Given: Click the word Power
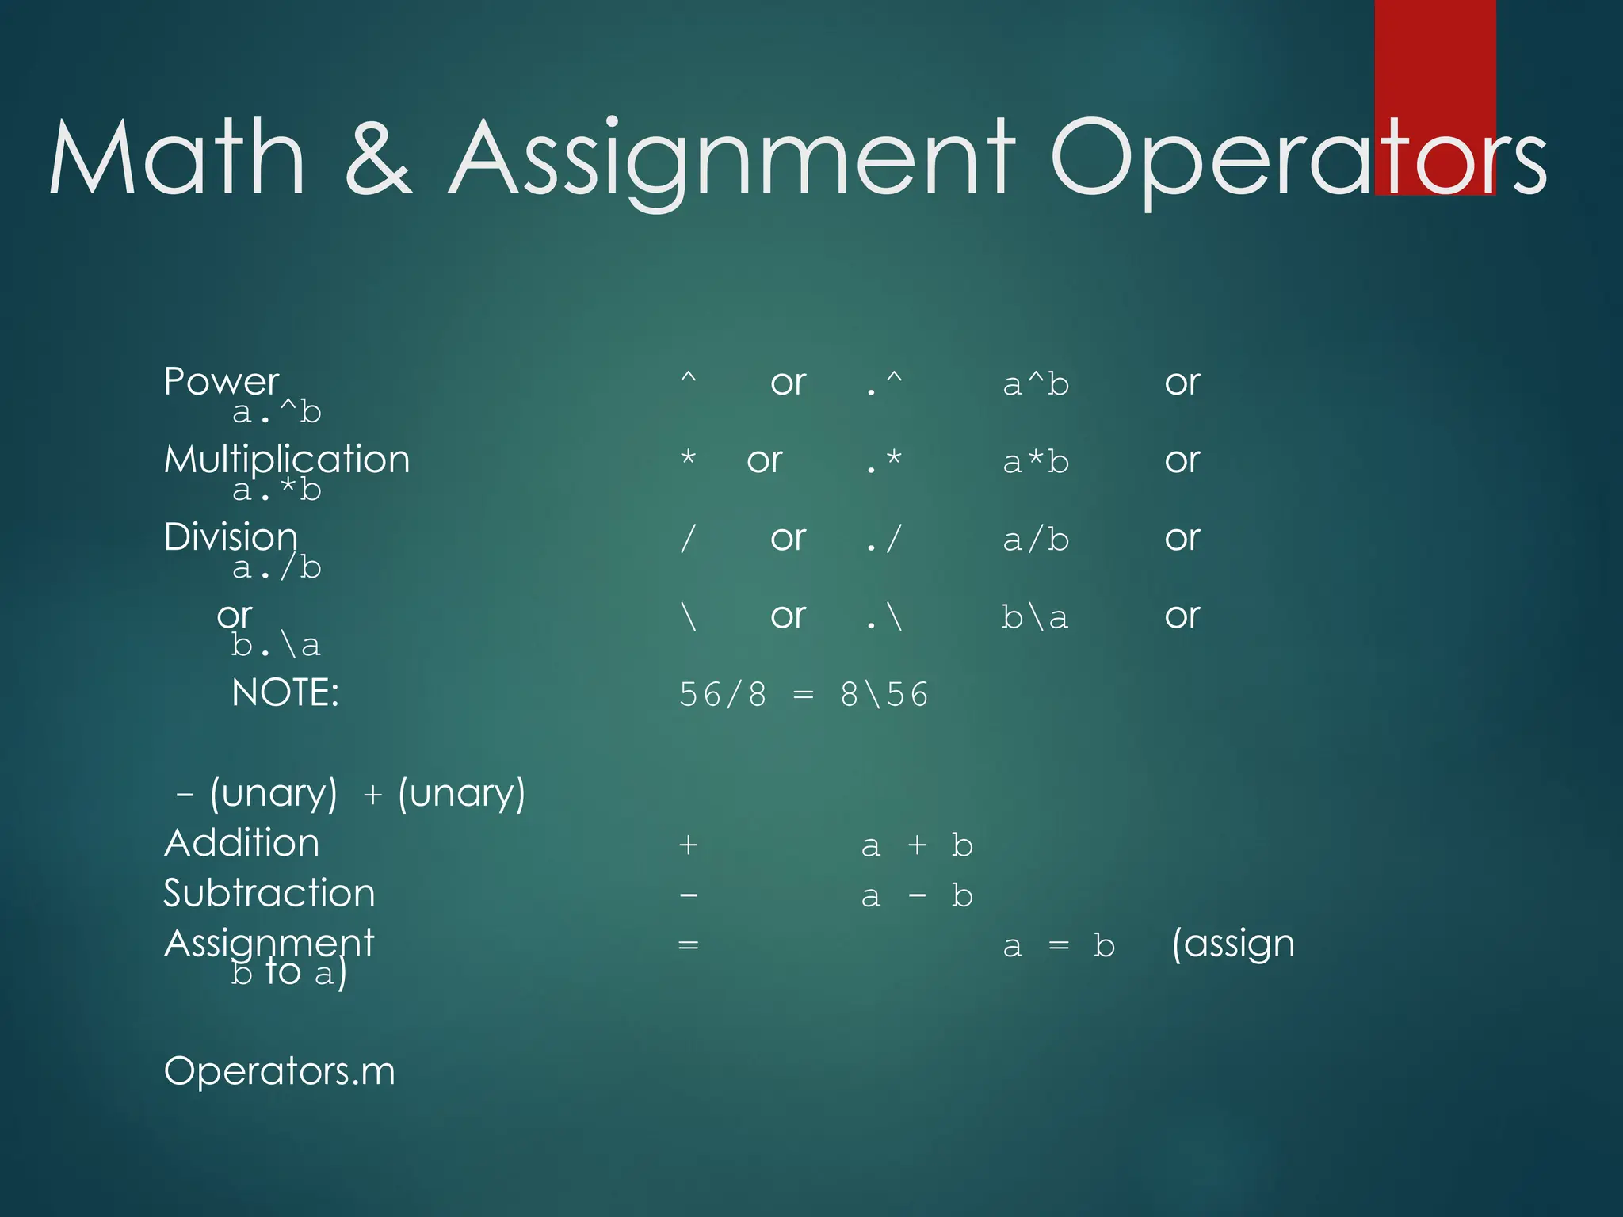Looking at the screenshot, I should coord(221,382).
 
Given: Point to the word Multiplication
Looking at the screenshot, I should coord(287,460).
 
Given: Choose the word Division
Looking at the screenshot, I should coord(231,537).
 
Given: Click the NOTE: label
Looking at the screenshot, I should coord(285,693).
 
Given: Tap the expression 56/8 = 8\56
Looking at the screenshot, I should coord(804,695).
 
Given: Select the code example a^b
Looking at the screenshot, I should coord(1036,385).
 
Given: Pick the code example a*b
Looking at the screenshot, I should coord(1036,462).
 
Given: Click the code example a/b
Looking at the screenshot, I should coord(1036,540).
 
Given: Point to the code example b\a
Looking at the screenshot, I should coord(1035,617).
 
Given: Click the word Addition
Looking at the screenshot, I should coord(242,843).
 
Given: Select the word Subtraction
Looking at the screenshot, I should coord(269,894).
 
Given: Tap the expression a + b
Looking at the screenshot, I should coord(917,846).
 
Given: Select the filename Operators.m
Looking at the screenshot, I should coord(279,1071).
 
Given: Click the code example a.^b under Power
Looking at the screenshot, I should coord(277,412).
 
